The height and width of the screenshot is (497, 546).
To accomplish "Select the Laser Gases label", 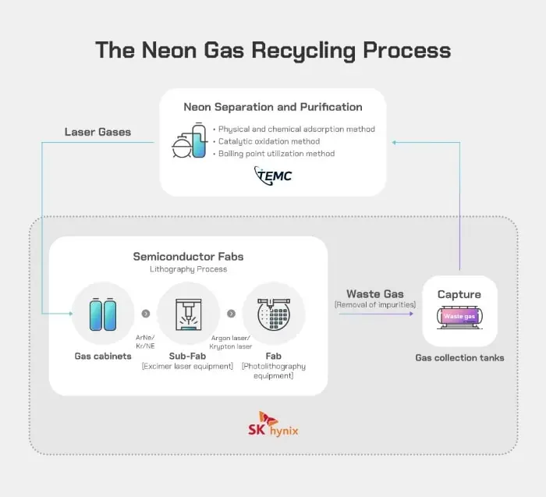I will tap(97, 132).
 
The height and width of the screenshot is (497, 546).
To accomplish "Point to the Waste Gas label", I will tap(374, 293).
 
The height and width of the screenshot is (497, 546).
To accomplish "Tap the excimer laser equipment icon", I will tap(187, 314).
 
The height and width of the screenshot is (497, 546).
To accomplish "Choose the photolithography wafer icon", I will tap(273, 314).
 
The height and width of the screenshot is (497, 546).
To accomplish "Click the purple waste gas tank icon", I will tap(459, 316).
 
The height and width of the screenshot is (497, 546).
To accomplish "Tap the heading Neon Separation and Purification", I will tap(273, 107).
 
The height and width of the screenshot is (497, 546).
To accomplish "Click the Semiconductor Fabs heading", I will tap(187, 256).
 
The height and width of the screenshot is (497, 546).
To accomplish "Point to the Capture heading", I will tap(459, 294).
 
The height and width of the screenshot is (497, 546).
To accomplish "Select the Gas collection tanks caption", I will tap(459, 357).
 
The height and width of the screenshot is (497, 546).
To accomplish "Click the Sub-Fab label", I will tap(187, 356).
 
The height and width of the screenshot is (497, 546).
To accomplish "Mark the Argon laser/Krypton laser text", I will tap(230, 341).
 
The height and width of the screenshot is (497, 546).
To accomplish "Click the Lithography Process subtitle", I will tap(187, 269).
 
